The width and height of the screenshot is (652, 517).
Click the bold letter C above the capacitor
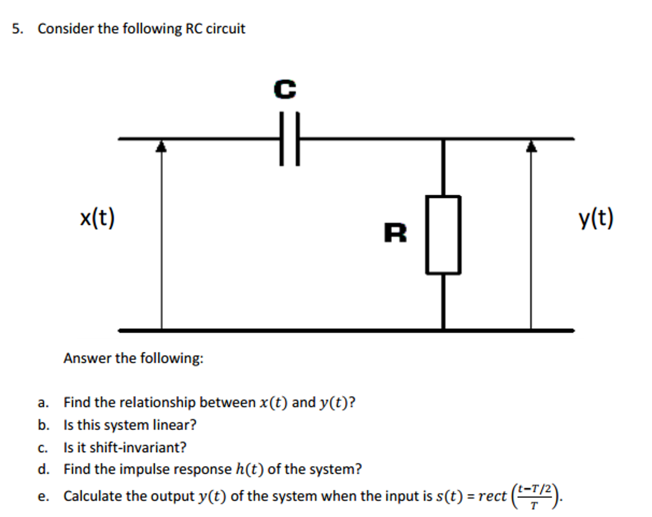(285, 89)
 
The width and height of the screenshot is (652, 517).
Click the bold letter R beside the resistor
(395, 233)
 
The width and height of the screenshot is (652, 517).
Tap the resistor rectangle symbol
(443, 235)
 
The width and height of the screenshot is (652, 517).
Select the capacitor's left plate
(281, 139)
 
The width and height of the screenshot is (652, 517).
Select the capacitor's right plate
(298, 139)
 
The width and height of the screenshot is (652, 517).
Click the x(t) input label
(97, 218)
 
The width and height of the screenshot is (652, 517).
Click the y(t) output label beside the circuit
(596, 218)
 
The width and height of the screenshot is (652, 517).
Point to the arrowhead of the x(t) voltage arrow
(161, 147)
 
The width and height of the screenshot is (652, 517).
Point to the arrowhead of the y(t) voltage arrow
(531, 147)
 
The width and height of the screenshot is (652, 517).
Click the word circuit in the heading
(226, 29)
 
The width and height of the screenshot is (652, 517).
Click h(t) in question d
(250, 469)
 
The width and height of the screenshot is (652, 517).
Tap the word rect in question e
(492, 496)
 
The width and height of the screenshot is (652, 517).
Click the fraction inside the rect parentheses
(534, 496)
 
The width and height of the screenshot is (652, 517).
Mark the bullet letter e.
(42, 497)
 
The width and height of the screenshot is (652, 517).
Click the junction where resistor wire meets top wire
(443, 139)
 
